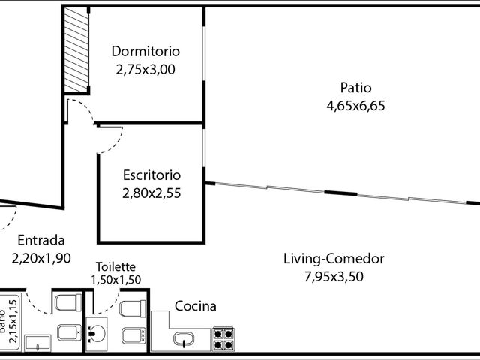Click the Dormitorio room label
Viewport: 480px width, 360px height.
(x=145, y=51)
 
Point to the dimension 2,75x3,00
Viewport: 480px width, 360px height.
(x=145, y=69)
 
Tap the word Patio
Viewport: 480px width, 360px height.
(x=355, y=88)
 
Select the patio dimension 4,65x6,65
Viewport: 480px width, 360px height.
(x=355, y=106)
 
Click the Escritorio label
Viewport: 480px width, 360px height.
(x=151, y=175)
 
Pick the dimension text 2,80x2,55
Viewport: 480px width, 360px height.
(x=151, y=193)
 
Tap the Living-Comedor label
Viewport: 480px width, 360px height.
(x=334, y=259)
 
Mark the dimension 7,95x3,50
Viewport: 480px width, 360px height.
(x=334, y=277)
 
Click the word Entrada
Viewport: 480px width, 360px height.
(x=41, y=240)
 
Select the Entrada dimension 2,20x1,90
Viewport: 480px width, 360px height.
(x=41, y=258)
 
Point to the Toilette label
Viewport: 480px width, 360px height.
(x=115, y=267)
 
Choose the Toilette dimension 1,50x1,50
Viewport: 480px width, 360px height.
(x=115, y=280)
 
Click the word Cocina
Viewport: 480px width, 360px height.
(x=195, y=306)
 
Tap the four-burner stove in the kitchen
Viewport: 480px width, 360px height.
(x=223, y=339)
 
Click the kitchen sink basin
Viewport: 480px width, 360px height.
(x=184, y=339)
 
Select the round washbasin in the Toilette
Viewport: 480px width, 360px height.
(x=96, y=333)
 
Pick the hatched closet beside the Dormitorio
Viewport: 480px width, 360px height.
(x=76, y=49)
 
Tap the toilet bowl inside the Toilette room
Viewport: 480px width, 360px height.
(x=133, y=308)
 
